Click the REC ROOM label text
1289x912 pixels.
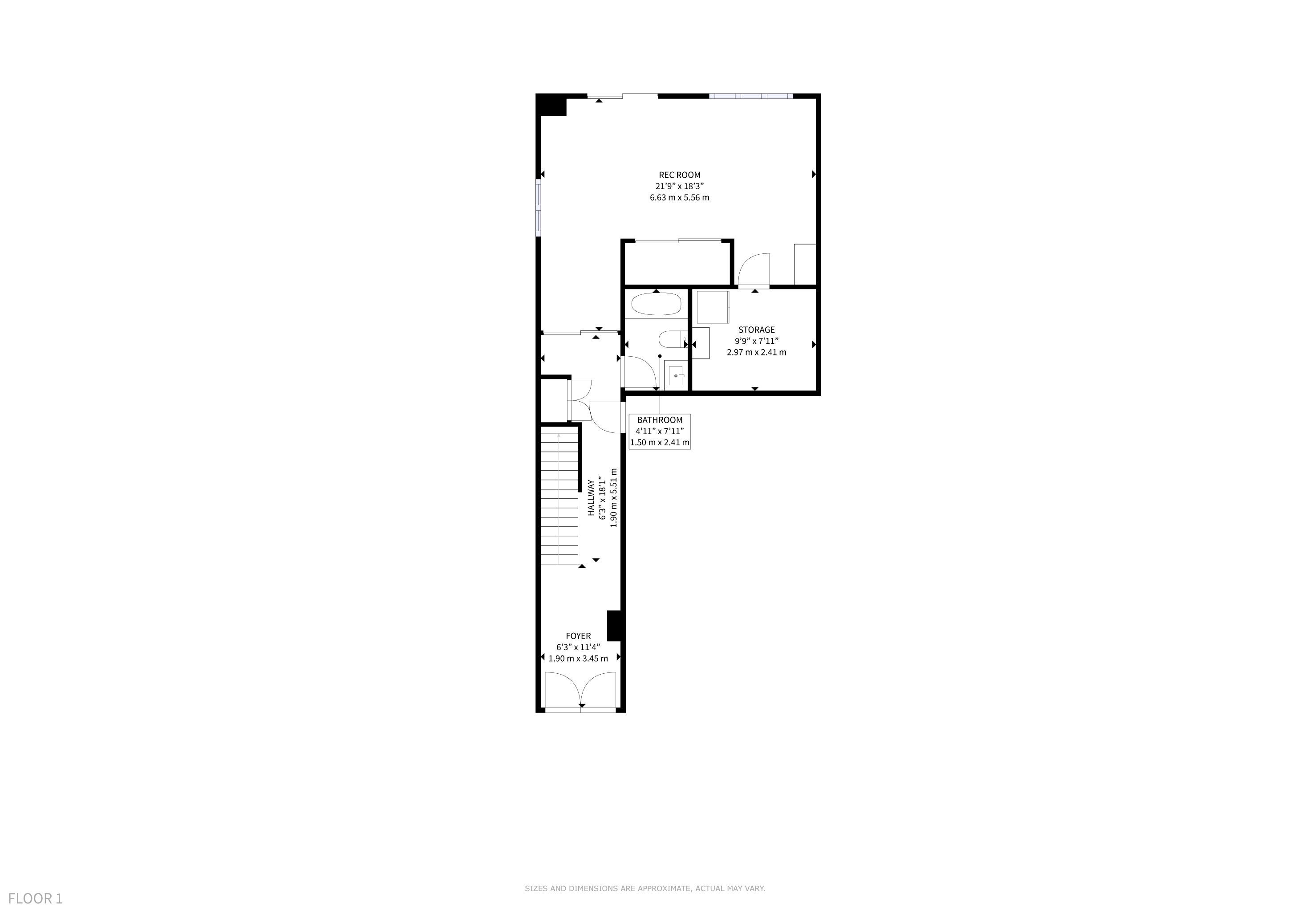click(x=679, y=175)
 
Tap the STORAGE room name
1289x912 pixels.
click(x=756, y=330)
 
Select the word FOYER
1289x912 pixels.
click(x=578, y=636)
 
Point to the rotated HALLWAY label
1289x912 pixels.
click(x=591, y=497)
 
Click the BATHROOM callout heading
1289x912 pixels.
click(x=660, y=419)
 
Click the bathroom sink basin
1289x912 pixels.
click(x=677, y=374)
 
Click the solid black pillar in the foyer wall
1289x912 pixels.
click(x=615, y=626)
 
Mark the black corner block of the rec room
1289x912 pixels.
click(x=551, y=105)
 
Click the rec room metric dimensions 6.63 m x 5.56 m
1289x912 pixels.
click(x=679, y=198)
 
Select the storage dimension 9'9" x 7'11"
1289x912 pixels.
click(x=756, y=341)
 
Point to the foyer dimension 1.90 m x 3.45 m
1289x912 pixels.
click(x=578, y=658)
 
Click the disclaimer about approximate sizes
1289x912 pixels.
click(x=644, y=888)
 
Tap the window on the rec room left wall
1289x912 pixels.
click(x=539, y=207)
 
